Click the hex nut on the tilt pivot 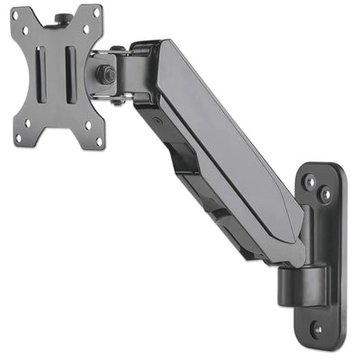coord(106,73)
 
